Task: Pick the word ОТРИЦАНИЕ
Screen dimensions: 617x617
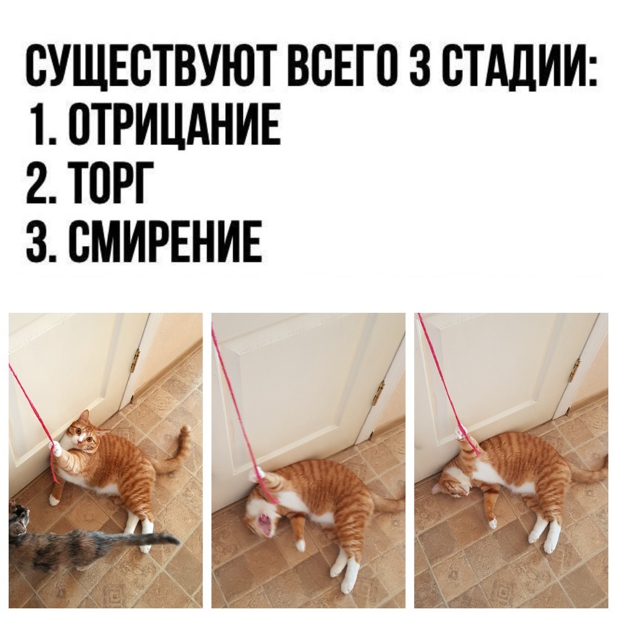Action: pyautogui.click(x=175, y=126)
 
